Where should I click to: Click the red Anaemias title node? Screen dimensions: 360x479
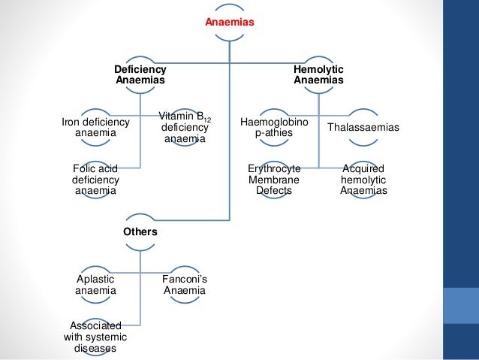tap(230, 23)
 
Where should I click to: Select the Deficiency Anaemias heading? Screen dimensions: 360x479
tap(140, 74)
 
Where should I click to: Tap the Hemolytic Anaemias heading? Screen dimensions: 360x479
tap(318, 74)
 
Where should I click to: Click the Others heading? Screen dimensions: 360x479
tap(140, 231)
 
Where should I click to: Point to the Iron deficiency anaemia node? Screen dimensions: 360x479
tap(95, 128)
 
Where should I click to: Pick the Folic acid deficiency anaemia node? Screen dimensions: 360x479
tap(95, 180)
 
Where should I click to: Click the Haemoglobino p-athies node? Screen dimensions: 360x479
tap(274, 128)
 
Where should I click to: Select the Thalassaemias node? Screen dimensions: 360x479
tap(363, 128)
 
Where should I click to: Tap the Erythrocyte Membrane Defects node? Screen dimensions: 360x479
tap(274, 180)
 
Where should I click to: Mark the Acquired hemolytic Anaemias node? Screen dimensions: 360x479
tap(363, 180)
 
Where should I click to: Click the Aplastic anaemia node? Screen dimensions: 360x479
tap(95, 286)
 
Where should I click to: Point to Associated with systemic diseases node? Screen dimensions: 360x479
tap(95, 337)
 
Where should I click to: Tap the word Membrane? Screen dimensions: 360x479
tap(274, 180)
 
